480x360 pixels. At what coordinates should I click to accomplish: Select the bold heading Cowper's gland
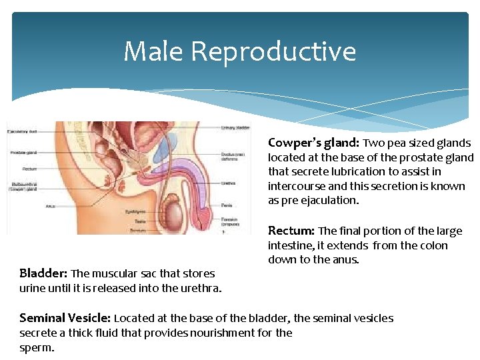(313, 143)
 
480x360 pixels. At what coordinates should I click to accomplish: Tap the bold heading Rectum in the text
(291, 231)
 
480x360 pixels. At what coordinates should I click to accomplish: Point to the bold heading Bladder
(43, 273)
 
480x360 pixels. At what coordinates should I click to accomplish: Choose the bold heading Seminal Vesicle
(66, 318)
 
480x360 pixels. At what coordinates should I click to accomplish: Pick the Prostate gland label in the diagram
(23, 153)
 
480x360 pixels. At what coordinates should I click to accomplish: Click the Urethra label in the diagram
(229, 183)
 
